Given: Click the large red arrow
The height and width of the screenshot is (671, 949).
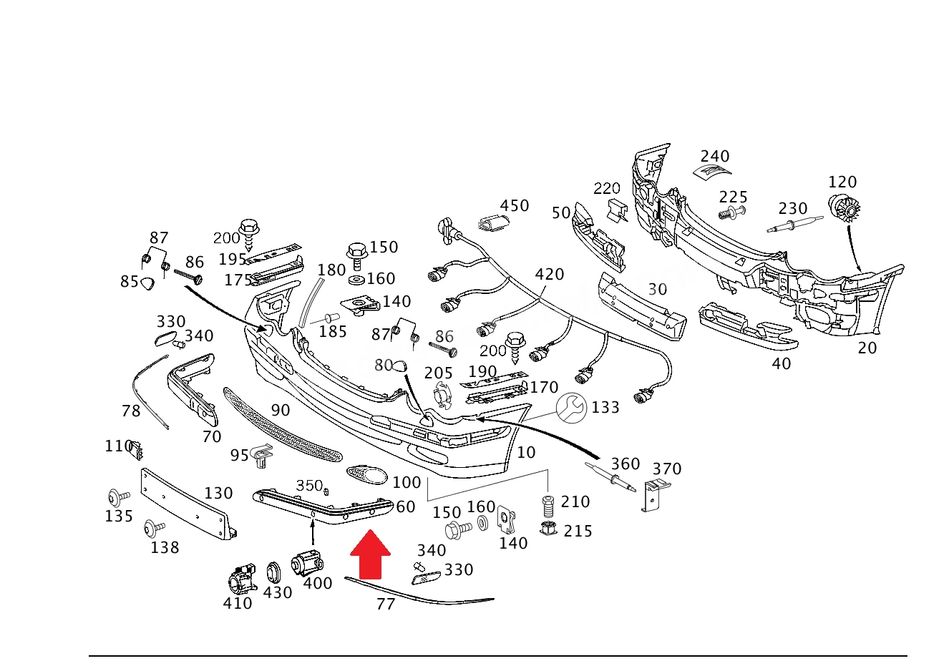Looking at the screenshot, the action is pyautogui.click(x=370, y=554).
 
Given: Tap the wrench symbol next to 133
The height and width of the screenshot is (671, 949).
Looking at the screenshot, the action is pyautogui.click(x=572, y=408).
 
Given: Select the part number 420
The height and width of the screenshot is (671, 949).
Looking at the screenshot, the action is pyautogui.click(x=549, y=274).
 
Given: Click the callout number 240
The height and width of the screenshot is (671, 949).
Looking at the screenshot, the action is pyautogui.click(x=715, y=156).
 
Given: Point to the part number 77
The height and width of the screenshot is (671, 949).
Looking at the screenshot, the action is pyautogui.click(x=386, y=604).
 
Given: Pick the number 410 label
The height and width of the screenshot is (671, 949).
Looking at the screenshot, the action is pyautogui.click(x=238, y=603).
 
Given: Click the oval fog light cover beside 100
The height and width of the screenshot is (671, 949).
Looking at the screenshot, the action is pyautogui.click(x=367, y=474).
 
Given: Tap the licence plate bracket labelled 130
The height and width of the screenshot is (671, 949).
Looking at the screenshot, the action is pyautogui.click(x=188, y=504).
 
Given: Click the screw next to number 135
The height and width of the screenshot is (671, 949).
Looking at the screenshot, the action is pyautogui.click(x=118, y=497).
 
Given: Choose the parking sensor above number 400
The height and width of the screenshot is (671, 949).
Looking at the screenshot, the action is pyautogui.click(x=307, y=562).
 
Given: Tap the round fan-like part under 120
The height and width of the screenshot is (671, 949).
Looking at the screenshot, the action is pyautogui.click(x=845, y=210).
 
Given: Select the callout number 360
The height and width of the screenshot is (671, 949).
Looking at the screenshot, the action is pyautogui.click(x=625, y=464).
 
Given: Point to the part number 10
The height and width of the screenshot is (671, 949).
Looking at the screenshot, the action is pyautogui.click(x=526, y=453).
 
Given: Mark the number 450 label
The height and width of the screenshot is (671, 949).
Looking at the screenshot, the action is pyautogui.click(x=515, y=206).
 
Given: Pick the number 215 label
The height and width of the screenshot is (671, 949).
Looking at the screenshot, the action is pyautogui.click(x=578, y=532).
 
